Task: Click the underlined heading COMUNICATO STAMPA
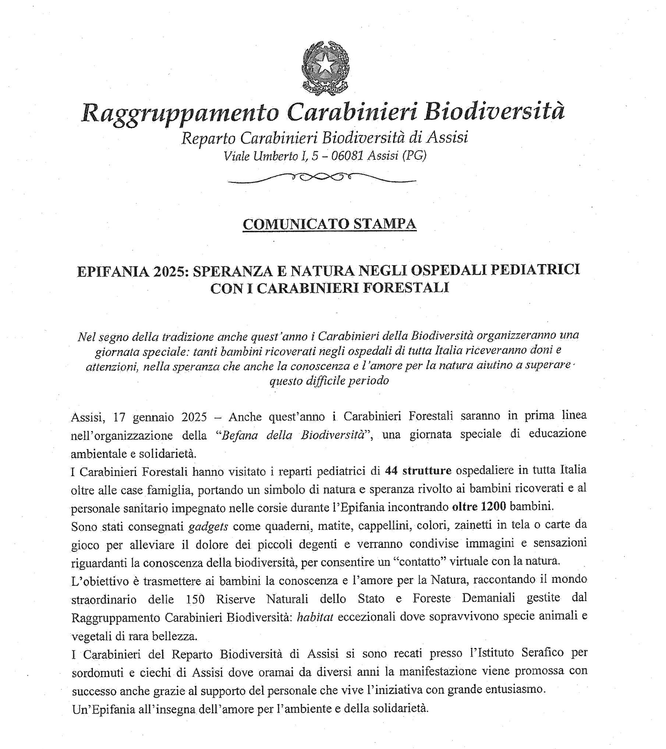(329, 224)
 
